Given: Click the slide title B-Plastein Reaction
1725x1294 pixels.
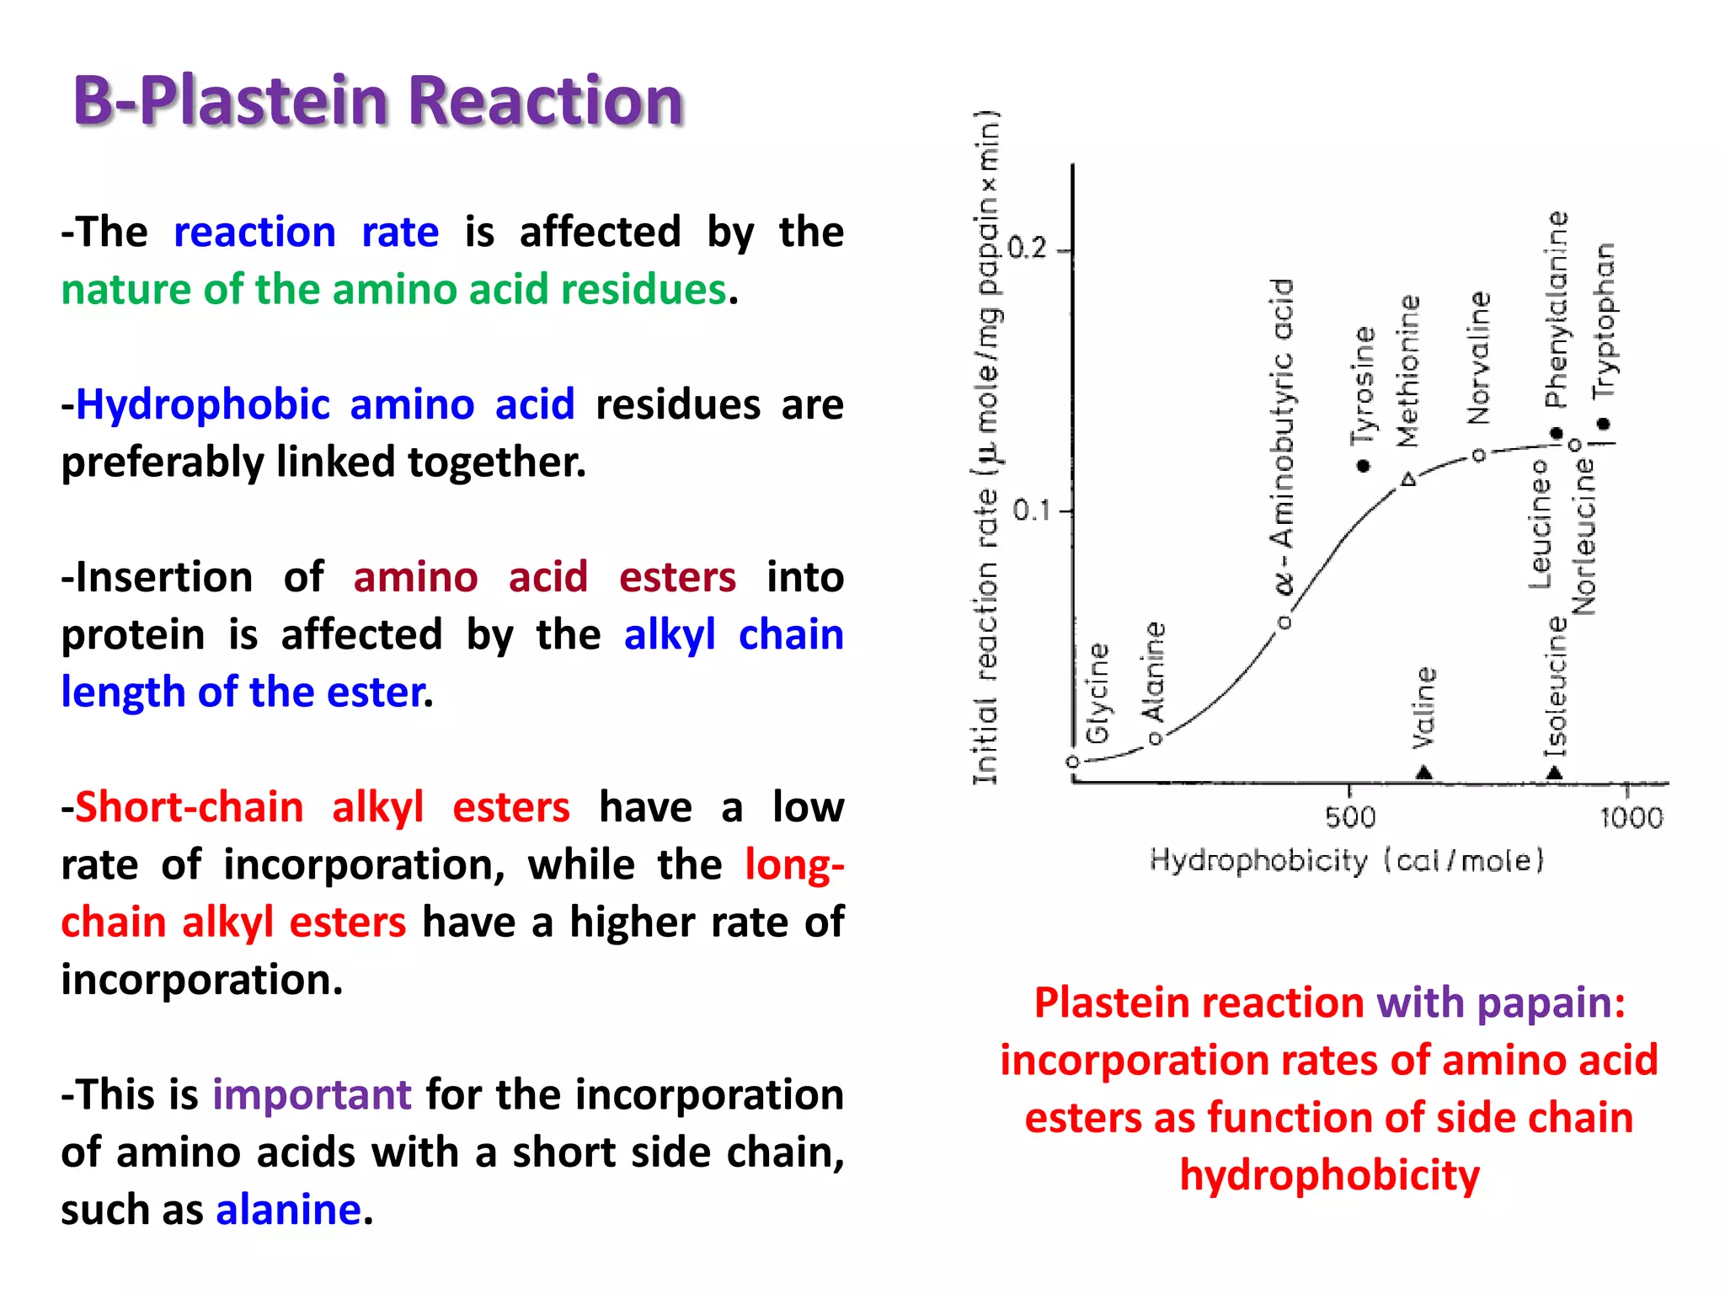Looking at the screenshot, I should (x=377, y=101).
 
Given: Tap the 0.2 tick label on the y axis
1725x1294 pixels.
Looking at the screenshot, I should (x=1027, y=249).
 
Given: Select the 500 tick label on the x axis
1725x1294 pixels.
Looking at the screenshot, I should (x=1350, y=817).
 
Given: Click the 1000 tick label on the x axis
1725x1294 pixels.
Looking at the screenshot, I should (x=1632, y=817).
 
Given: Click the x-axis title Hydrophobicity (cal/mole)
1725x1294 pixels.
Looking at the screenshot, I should (x=1347, y=860).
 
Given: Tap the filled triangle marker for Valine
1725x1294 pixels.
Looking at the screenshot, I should (x=1423, y=772).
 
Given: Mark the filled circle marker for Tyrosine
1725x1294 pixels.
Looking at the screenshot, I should (x=1364, y=466).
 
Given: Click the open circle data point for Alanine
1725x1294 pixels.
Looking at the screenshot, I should (x=1156, y=739).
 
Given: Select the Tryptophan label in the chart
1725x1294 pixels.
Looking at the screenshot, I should (x=1605, y=320).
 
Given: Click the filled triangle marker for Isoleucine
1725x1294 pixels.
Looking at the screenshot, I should (x=1555, y=772).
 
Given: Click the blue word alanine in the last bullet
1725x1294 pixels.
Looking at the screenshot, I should (x=288, y=1210).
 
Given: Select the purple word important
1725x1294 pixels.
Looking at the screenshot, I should (x=312, y=1095).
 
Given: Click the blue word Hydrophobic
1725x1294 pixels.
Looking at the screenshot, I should (x=202, y=404).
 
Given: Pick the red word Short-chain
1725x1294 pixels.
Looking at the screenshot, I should (x=189, y=807).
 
